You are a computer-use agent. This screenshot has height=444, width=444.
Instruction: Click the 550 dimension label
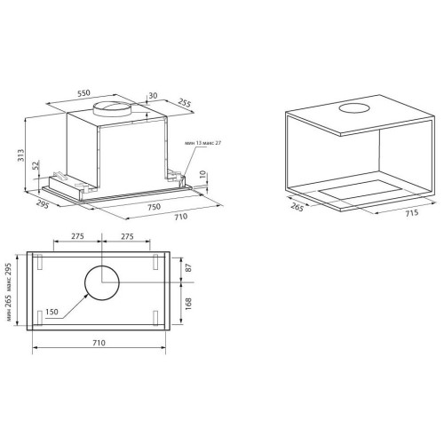point(83,93)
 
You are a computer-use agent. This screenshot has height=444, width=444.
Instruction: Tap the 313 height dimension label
point(21,155)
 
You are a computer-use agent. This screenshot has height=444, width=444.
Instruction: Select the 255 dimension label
point(185,102)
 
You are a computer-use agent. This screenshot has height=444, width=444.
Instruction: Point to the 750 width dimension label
point(155,206)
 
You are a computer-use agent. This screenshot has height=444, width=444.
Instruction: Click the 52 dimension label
point(36,165)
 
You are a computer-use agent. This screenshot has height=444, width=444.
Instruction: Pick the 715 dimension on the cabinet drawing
point(412,213)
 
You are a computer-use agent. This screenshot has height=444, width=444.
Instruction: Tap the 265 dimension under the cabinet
point(297,207)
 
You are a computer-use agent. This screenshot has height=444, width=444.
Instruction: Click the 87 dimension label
point(188,268)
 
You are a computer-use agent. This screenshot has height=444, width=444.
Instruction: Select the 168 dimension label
point(188,304)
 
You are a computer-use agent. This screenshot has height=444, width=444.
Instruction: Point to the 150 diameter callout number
point(52,312)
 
